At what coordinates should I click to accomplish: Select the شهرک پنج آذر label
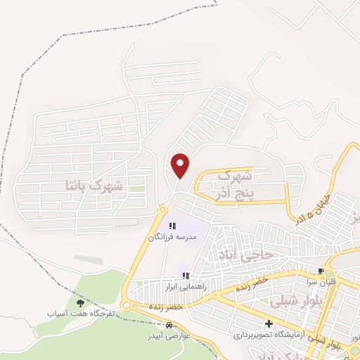point(235,182)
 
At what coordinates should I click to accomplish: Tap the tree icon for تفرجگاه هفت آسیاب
point(79,302)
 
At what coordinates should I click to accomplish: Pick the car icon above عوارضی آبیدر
point(169,326)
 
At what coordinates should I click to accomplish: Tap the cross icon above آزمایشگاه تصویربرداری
point(269,323)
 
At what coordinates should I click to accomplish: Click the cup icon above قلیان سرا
point(321,271)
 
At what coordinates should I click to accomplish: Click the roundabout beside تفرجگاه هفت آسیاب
point(127,305)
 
